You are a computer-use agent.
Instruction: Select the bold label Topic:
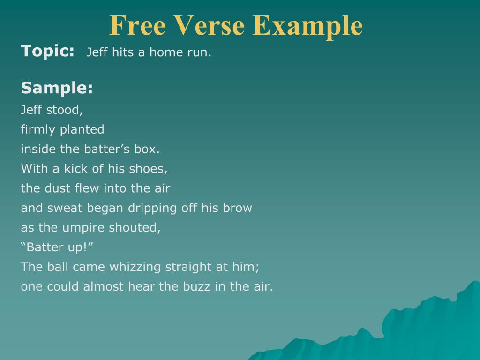(x=48, y=51)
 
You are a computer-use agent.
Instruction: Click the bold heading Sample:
(x=57, y=88)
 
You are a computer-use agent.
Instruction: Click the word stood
(x=64, y=110)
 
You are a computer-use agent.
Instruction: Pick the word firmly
(x=38, y=130)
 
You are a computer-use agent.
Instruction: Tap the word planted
(x=82, y=130)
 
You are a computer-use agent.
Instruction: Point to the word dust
(x=60, y=188)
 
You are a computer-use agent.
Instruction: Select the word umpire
(x=83, y=228)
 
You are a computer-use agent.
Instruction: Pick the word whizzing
(x=135, y=267)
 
